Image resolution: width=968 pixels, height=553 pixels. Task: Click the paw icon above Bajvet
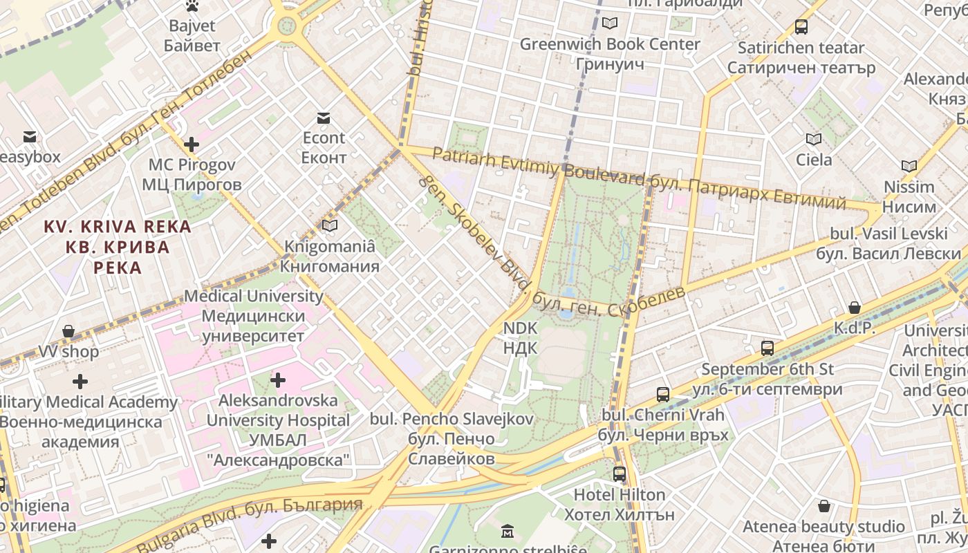pos(192,6)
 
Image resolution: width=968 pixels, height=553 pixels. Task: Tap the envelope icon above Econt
pos(323,118)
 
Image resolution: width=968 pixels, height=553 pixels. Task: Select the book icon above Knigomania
pos(330,225)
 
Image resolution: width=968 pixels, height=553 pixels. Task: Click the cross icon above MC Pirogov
pos(192,144)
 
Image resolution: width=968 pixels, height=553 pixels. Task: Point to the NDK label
pos(520,337)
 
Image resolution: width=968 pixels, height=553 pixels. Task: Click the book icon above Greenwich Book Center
pos(609,24)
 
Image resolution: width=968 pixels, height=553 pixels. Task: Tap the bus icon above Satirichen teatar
pos(801,27)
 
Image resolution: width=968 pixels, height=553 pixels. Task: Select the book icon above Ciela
pos(814,140)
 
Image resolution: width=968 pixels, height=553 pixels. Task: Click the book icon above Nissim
pos(909,166)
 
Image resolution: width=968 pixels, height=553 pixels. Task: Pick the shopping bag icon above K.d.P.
pos(855,308)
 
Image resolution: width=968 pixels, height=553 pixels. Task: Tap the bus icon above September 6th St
pos(767,348)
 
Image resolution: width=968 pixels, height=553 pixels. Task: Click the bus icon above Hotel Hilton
pos(619,474)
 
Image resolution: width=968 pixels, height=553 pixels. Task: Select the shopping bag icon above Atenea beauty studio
pos(823,506)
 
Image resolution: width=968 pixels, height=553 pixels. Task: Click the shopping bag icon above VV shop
pos(68,331)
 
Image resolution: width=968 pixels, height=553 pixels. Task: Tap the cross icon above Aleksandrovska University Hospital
pos(277,379)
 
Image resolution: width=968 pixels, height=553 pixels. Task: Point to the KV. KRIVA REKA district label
pos(118,247)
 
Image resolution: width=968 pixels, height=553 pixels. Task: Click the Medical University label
pos(253,316)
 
